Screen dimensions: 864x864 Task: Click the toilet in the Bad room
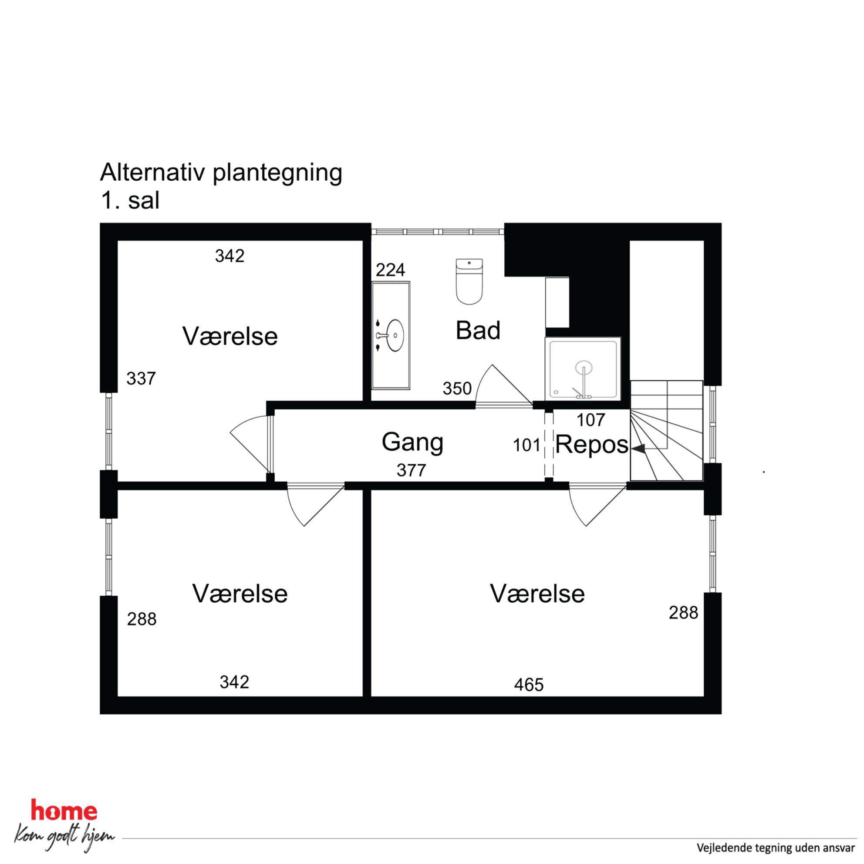click(469, 281)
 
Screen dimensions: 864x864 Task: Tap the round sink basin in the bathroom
click(395, 335)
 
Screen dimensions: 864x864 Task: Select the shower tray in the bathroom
click(583, 369)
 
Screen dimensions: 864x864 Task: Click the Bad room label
click(478, 331)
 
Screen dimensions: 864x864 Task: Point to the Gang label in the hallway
click(412, 442)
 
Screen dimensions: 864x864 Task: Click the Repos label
click(592, 445)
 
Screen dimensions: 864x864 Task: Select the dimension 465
click(529, 685)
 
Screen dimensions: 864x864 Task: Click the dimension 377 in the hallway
click(412, 470)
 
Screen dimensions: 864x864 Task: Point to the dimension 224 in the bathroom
click(390, 270)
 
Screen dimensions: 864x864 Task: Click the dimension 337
click(141, 379)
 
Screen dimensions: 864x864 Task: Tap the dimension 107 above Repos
click(591, 420)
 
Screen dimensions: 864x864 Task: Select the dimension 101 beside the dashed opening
click(527, 445)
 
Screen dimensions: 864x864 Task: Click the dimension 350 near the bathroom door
click(457, 388)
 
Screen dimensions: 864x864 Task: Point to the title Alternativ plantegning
click(221, 173)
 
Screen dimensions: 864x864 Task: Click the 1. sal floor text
click(130, 201)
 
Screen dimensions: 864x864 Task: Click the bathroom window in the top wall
click(438, 232)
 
